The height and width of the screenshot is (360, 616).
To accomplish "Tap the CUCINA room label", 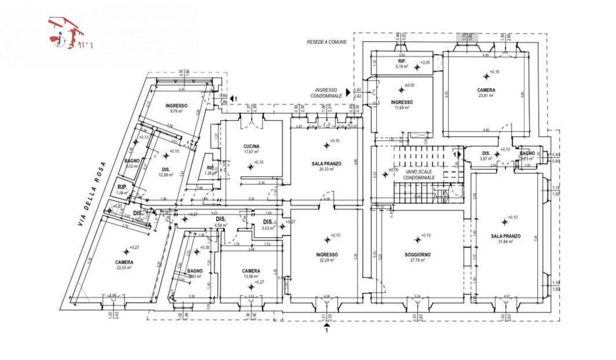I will (251, 147).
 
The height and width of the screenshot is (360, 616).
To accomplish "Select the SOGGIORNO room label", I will (417, 254).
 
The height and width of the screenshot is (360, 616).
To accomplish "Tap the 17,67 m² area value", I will (251, 152).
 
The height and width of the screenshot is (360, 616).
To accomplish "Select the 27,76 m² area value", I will (417, 260).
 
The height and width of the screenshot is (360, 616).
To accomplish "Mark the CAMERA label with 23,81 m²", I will (486, 90).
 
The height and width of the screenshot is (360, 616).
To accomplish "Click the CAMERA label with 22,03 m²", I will (124, 262).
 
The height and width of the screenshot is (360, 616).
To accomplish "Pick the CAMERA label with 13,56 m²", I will (251, 271).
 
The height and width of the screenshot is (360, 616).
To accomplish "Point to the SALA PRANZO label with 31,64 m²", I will (505, 236).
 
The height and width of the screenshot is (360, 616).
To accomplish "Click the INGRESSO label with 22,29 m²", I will (327, 254).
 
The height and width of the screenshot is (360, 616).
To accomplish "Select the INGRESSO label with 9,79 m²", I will (176, 106).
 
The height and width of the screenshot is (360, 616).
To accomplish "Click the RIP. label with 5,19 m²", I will (401, 61).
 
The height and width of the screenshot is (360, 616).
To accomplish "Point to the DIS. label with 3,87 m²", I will (486, 154).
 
